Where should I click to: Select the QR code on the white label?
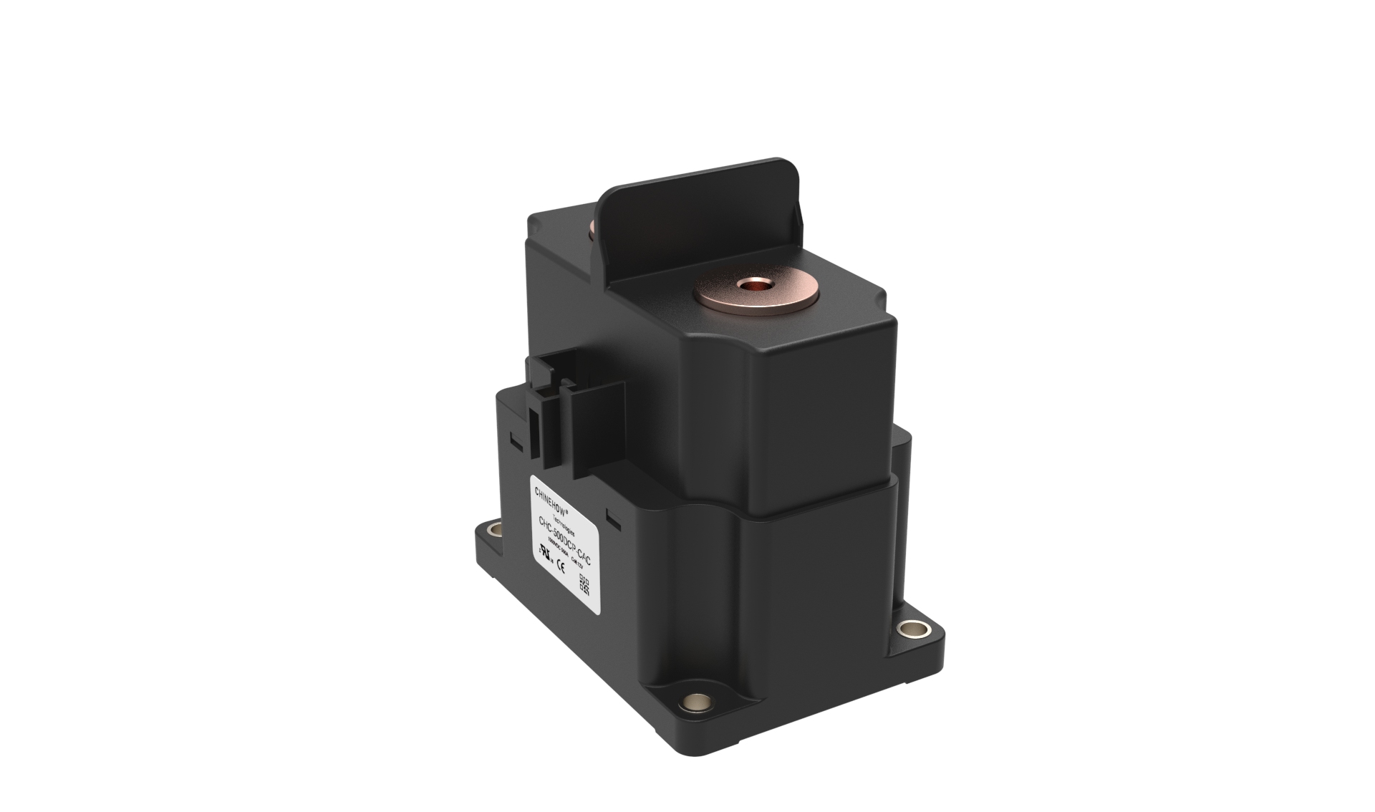pyautogui.click(x=584, y=584)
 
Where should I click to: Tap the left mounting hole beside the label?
pyautogui.click(x=494, y=531)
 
